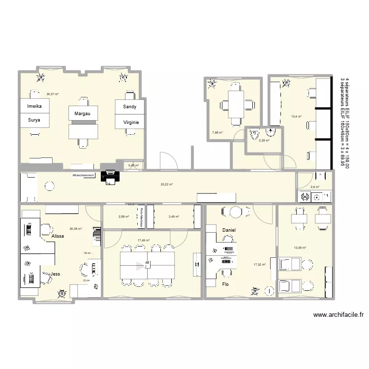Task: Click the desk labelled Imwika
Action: click(x=34, y=106)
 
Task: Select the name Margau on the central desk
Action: click(x=83, y=114)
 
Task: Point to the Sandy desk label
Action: click(x=130, y=106)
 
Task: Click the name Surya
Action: click(x=34, y=120)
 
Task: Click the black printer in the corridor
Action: click(x=109, y=176)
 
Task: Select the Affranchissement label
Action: click(x=83, y=175)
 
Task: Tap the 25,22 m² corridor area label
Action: click(x=167, y=184)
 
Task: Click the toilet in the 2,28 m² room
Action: click(x=254, y=133)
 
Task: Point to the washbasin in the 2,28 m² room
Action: click(x=272, y=132)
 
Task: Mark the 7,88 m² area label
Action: click(x=217, y=132)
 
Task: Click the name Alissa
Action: click(x=58, y=236)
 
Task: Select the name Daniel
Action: click(x=229, y=230)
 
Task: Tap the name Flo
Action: click(x=225, y=284)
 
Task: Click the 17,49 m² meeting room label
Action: click(x=144, y=241)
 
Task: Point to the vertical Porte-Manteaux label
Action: click(x=141, y=217)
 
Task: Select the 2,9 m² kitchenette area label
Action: click(x=314, y=187)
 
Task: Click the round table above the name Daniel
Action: click(x=236, y=212)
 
